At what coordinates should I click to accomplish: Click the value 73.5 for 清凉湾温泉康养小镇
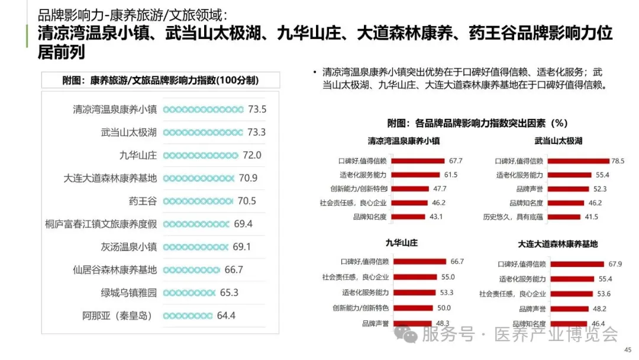[x=257, y=109]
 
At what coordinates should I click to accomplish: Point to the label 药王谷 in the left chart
[x=143, y=201]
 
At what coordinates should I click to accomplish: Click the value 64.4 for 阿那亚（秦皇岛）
[x=226, y=316]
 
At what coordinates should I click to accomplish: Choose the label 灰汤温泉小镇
[x=129, y=247]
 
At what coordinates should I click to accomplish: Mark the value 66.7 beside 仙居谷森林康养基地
[x=234, y=269]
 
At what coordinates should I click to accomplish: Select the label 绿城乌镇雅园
[x=129, y=292]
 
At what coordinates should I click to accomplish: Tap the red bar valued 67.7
[x=418, y=160]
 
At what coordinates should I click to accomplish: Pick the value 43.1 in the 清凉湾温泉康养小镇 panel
[x=436, y=217]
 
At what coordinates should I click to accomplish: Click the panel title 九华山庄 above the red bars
[x=401, y=243]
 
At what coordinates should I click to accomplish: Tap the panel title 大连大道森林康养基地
[x=558, y=243]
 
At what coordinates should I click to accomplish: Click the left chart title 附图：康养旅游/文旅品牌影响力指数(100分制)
[x=160, y=81]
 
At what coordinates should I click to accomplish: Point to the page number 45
[x=628, y=350]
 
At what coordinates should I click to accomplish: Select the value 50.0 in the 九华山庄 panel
[x=444, y=308]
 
